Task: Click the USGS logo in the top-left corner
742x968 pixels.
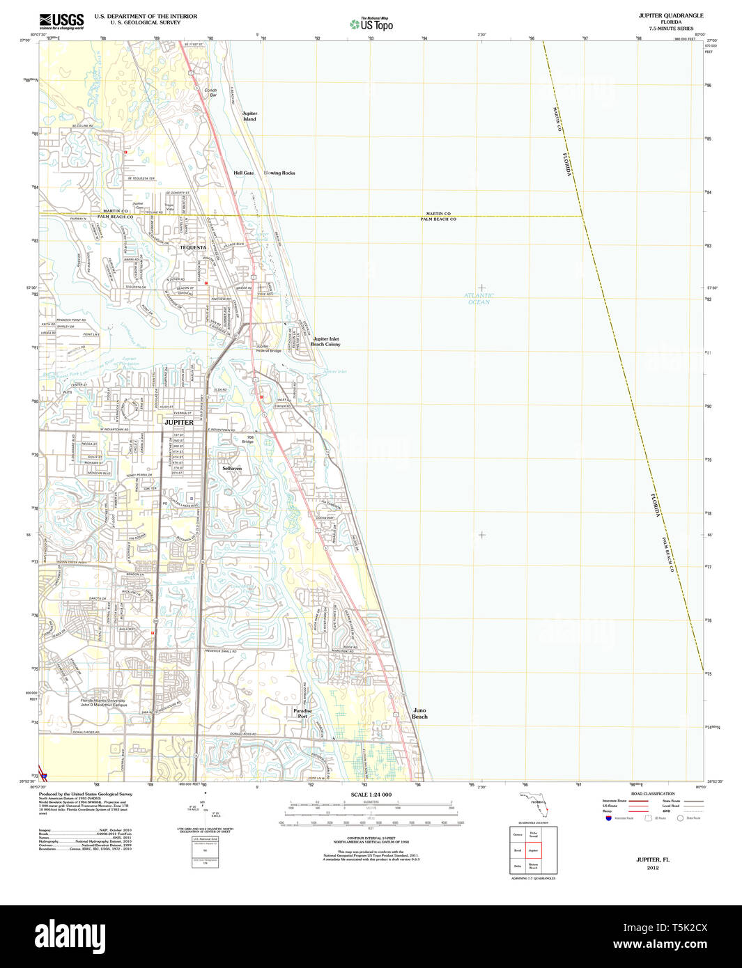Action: pyautogui.click(x=61, y=21)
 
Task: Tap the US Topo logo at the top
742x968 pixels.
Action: pyautogui.click(x=371, y=24)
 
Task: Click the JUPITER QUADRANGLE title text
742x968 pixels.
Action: pyautogui.click(x=670, y=15)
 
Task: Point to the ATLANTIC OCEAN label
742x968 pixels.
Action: pyautogui.click(x=479, y=299)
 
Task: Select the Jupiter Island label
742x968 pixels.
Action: pyautogui.click(x=249, y=116)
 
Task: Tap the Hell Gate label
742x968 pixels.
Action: pyautogui.click(x=244, y=173)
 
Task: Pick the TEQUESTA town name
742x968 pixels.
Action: pyautogui.click(x=193, y=247)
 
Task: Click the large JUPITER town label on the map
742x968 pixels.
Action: pyautogui.click(x=178, y=423)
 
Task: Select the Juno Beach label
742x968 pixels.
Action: pyautogui.click(x=419, y=713)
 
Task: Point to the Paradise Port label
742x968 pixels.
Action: pyautogui.click(x=302, y=713)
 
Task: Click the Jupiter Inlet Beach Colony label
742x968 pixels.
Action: pyautogui.click(x=325, y=341)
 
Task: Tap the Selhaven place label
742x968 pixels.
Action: pyautogui.click(x=232, y=469)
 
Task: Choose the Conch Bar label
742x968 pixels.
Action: pyautogui.click(x=210, y=93)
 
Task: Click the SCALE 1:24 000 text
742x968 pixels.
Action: pyautogui.click(x=371, y=795)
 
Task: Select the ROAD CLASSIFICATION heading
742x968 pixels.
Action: pyautogui.click(x=652, y=794)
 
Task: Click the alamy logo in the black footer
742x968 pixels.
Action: pyautogui.click(x=70, y=936)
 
